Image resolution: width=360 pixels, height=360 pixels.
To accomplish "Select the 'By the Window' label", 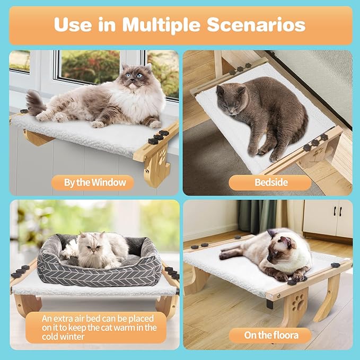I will click(95, 183).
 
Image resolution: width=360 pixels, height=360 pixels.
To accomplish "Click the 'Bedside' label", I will click(270, 183).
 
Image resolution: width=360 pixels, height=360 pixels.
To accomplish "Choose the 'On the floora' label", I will click(271, 335).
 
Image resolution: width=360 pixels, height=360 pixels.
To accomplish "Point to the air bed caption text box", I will click(96, 327).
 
